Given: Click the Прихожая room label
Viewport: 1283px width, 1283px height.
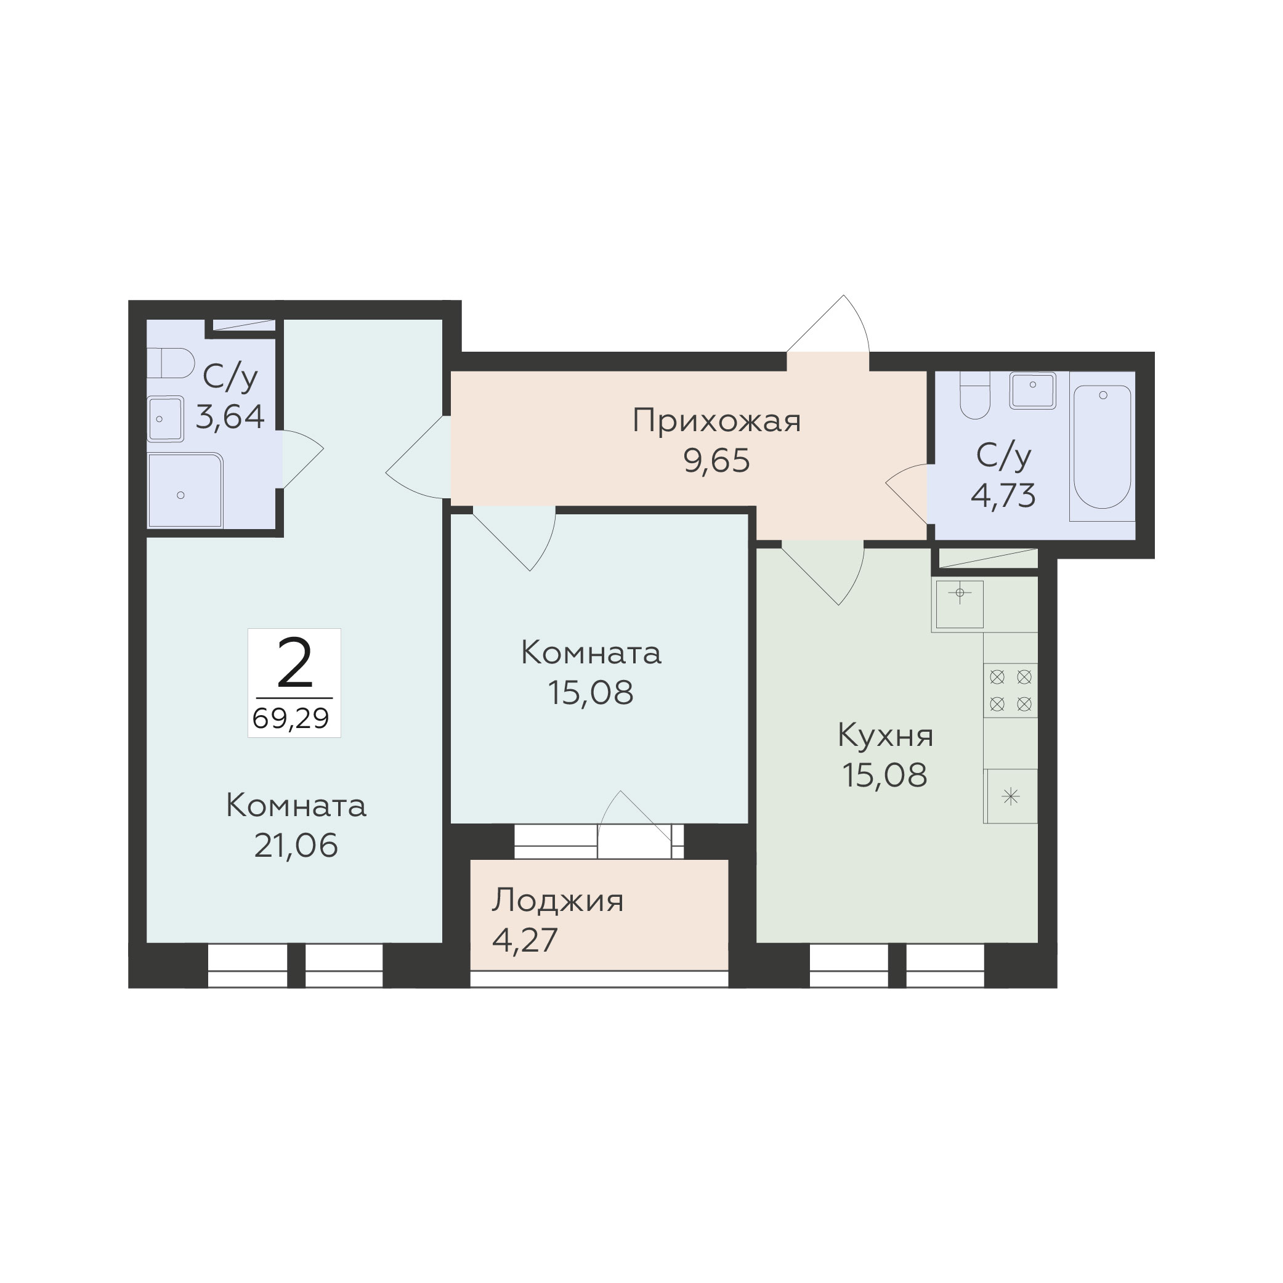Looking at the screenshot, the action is click(716, 422).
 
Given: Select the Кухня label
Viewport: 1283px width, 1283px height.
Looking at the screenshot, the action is click(885, 736).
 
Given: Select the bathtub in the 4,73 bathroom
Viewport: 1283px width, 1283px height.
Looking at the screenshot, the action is click(1103, 447).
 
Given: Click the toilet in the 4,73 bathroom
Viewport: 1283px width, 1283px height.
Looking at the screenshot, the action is click(975, 395).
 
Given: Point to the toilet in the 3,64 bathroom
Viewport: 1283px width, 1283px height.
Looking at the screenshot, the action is click(171, 363).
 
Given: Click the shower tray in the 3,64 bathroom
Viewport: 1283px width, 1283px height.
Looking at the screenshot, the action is click(185, 490).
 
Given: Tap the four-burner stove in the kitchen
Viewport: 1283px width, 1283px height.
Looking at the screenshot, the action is click(1010, 690).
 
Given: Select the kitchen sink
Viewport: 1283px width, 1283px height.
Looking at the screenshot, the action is click(960, 604).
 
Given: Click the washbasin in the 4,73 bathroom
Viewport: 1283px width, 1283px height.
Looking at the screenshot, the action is click(1033, 390).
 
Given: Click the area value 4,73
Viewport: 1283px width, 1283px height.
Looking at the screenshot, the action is click(1003, 495).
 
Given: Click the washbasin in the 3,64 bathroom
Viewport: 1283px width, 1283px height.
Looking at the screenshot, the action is click(165, 419).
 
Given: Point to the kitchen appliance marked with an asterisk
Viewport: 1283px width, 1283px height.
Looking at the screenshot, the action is click(1010, 796).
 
